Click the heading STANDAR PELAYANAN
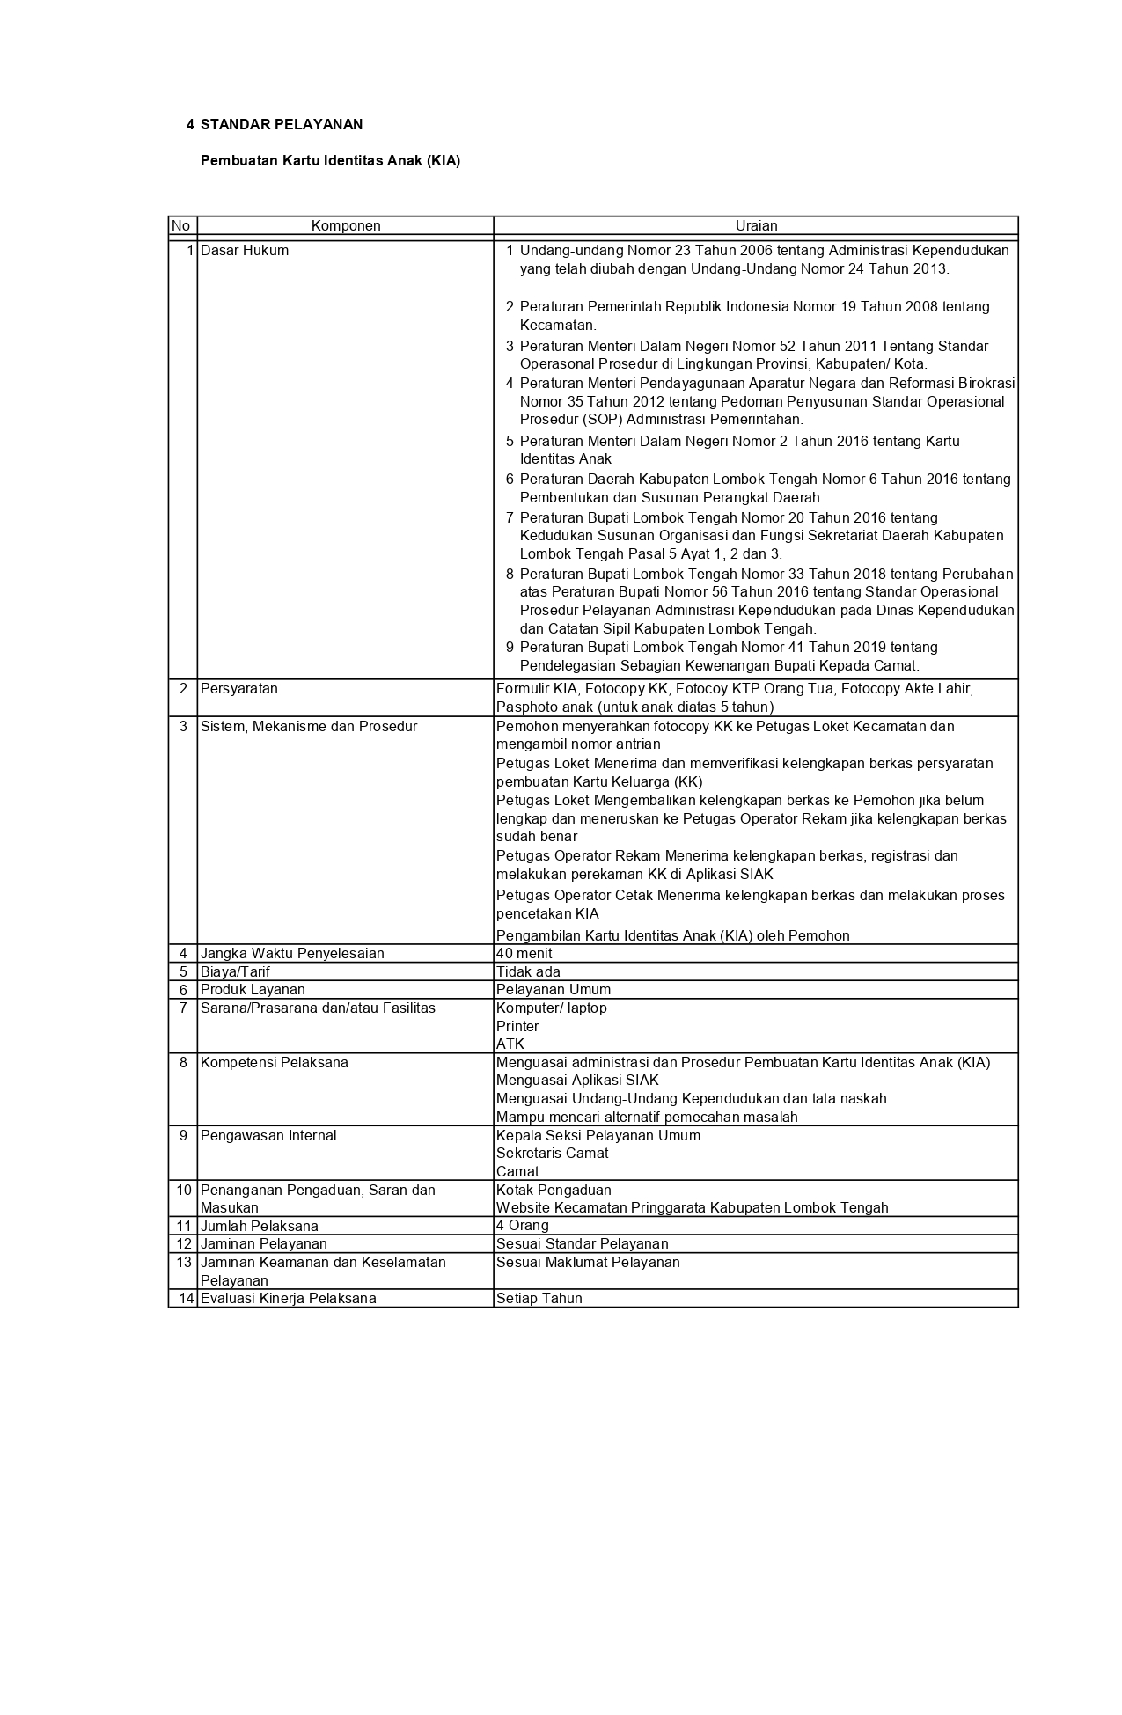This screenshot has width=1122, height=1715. (281, 125)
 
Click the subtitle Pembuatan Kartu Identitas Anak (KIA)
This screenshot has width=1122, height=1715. (330, 161)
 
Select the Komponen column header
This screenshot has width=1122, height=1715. (346, 226)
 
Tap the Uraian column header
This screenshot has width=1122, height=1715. (756, 226)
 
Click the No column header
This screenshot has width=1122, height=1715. (181, 226)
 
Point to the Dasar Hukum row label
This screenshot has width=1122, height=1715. (245, 251)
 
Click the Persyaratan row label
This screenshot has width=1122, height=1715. (239, 689)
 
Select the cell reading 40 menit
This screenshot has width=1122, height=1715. (524, 954)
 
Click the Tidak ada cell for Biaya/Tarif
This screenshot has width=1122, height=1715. (528, 972)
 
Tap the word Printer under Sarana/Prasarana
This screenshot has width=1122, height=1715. (517, 1027)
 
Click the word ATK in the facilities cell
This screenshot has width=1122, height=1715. (510, 1044)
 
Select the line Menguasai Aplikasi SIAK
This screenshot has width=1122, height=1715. (577, 1081)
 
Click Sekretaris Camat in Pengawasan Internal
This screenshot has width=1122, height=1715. (552, 1154)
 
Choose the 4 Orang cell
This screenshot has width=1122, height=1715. (523, 1226)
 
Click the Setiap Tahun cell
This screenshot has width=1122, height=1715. (539, 1299)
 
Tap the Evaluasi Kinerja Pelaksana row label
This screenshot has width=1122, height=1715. (289, 1299)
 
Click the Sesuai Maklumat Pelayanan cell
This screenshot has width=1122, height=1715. (588, 1263)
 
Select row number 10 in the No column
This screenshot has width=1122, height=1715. (184, 1191)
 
